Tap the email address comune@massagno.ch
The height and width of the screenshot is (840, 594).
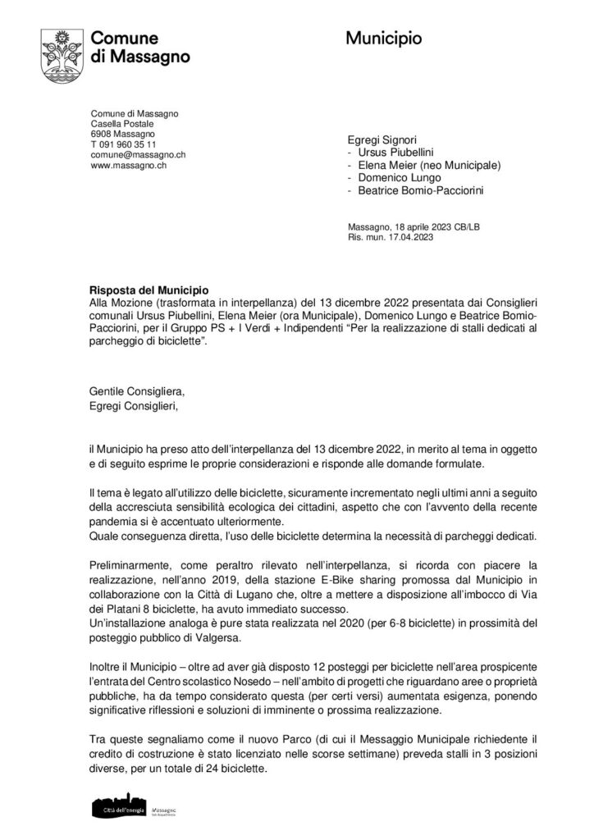(x=137, y=154)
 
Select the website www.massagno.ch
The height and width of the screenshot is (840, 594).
(x=124, y=165)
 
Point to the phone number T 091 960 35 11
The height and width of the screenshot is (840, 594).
(x=123, y=144)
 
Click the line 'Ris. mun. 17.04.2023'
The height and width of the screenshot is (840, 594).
(x=386, y=237)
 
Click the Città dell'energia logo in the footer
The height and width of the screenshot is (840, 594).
(x=122, y=808)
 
